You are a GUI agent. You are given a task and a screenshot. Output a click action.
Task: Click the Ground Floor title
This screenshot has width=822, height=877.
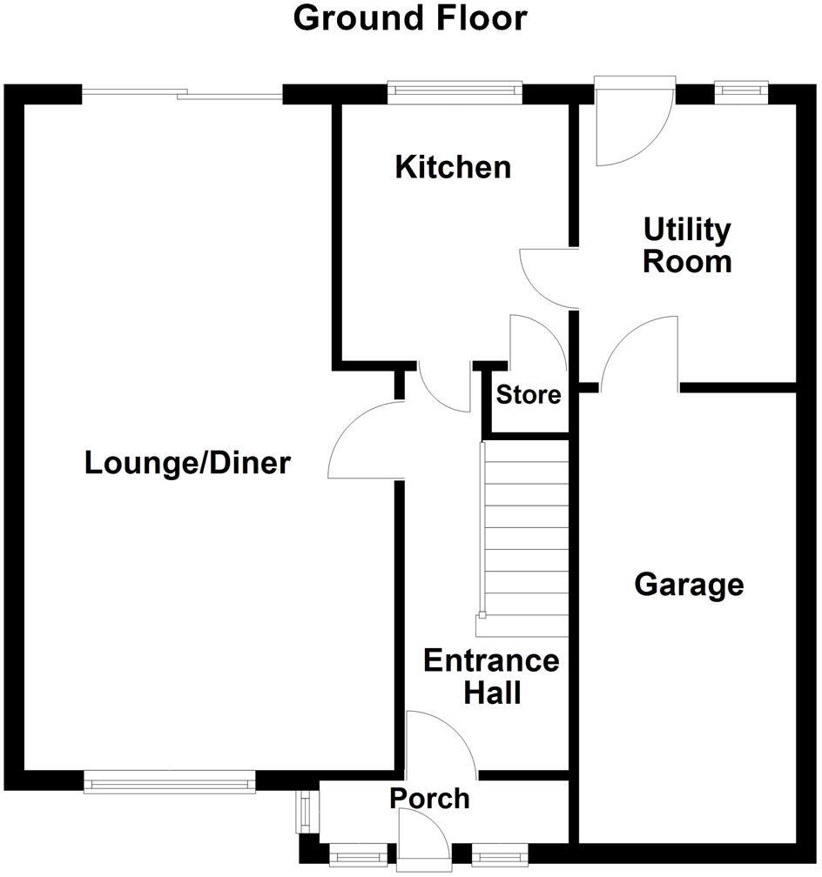(x=410, y=18)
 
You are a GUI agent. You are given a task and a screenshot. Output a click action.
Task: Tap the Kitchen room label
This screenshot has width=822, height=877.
(x=453, y=167)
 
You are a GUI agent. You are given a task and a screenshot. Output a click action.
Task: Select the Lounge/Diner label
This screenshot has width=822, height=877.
(x=186, y=464)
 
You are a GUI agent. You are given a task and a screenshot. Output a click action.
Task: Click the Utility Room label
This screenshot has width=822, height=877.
(x=687, y=245)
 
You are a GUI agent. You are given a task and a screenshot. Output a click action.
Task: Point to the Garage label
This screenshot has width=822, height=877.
(x=689, y=585)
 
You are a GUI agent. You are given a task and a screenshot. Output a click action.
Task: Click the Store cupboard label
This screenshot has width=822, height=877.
(x=529, y=395)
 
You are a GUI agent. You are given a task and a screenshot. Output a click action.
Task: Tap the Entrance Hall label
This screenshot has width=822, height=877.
(x=491, y=676)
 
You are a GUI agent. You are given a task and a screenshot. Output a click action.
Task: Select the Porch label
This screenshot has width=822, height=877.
(x=429, y=798)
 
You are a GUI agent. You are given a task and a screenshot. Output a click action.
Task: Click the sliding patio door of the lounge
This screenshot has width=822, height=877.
(x=182, y=93)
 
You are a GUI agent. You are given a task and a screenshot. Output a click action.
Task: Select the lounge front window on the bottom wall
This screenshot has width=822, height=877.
(x=170, y=784)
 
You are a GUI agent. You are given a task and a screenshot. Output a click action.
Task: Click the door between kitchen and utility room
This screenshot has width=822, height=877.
(x=549, y=278)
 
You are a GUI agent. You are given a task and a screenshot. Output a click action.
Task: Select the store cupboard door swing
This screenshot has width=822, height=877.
(x=535, y=344)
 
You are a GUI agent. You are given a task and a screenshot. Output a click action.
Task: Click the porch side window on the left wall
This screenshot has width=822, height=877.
(x=303, y=810)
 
